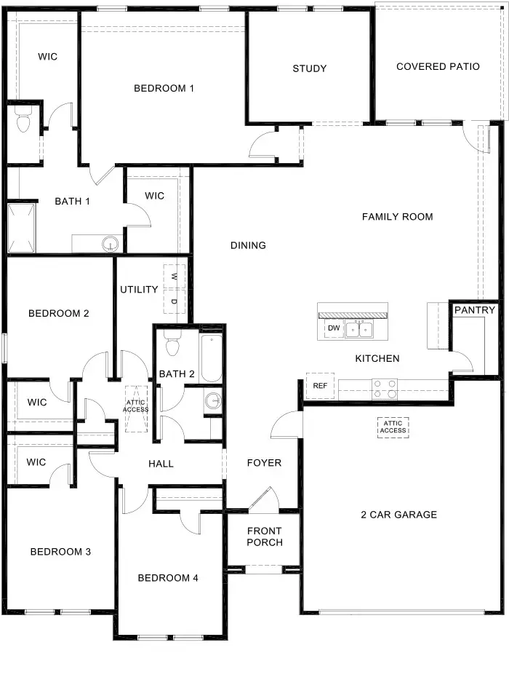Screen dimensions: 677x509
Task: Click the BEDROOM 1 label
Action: pos(164,89)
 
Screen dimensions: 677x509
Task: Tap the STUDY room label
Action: pos(310,69)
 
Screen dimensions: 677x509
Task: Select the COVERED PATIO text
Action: pos(438,67)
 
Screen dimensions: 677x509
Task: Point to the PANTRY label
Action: pos(475,310)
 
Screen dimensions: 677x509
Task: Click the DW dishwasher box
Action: pos(334,329)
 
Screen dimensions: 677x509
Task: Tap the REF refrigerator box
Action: pos(320,386)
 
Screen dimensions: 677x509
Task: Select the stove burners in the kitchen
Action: pos(385,389)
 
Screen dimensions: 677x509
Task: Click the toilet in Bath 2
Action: pos(172,344)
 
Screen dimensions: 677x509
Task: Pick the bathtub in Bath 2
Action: pos(212,358)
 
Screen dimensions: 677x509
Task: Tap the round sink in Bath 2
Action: pos(212,400)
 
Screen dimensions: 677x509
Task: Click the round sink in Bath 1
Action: pos(111,242)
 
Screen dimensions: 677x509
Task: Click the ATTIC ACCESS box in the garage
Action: pos(393,427)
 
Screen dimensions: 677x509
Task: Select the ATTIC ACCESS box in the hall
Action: pos(136,405)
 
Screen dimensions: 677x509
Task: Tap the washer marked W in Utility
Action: pos(175,277)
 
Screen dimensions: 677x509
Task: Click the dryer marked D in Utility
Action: pos(175,301)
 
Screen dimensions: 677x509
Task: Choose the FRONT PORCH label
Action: pos(264,537)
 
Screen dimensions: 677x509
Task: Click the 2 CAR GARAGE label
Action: pos(398,515)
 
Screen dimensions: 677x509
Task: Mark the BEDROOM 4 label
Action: pos(168,578)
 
